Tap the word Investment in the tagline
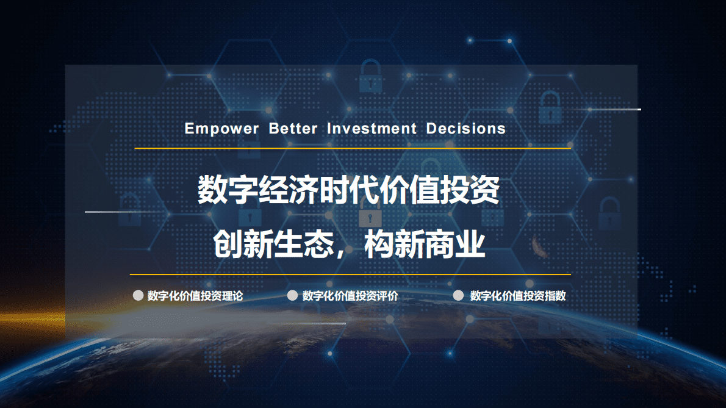pos(372,129)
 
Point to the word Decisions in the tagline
pos(466,129)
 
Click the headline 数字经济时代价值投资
pos(349,190)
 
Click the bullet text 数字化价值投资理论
pos(195,296)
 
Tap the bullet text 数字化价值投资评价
pos(350,296)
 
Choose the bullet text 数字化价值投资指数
pos(518,296)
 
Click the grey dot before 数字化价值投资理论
pos(138,296)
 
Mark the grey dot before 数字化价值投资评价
pos(292,296)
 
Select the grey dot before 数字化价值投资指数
pos(459,296)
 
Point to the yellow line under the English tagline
pos(353,148)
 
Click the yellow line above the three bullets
pos(350,274)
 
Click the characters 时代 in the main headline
pos(349,190)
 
